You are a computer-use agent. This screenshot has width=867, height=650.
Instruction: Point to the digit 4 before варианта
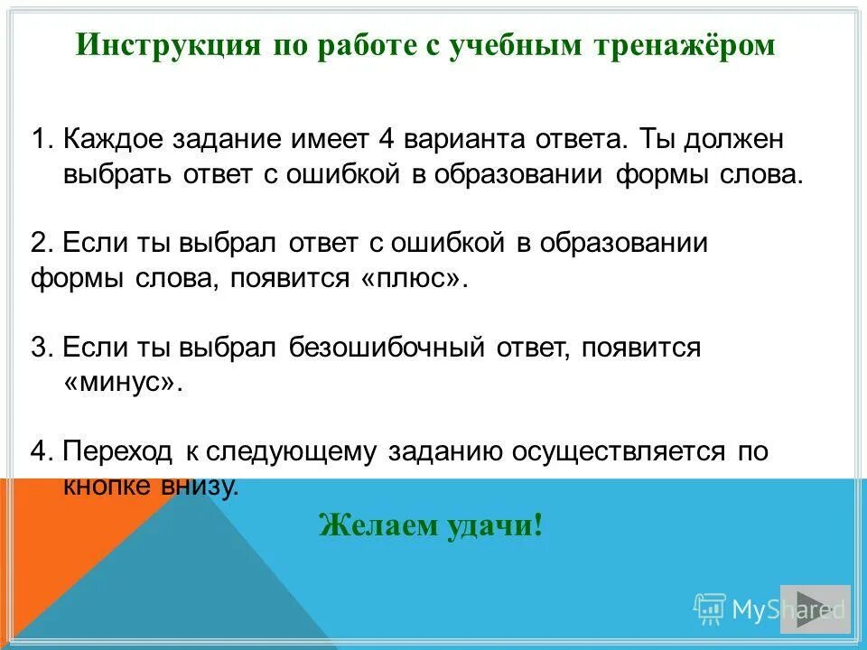[387, 140]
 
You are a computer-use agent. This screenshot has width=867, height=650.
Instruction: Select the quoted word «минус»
[123, 382]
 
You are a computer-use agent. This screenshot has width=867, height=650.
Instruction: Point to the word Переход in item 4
[120, 452]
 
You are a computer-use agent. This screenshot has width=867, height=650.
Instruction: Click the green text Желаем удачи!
[432, 525]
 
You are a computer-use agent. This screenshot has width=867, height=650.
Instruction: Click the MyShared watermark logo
[769, 609]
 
